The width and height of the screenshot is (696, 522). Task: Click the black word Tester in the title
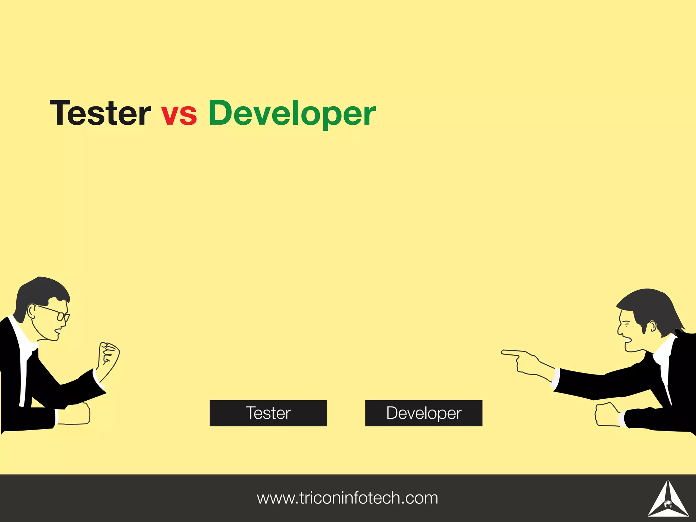point(100,113)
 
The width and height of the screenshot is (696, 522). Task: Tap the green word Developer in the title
point(292,114)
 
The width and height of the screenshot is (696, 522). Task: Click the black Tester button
point(268,413)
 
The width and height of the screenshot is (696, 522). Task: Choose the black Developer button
point(424,413)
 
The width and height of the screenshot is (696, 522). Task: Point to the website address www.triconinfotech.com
point(347,498)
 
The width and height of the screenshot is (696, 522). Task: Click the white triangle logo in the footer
point(668,499)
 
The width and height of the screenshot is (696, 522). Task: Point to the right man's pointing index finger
point(510,353)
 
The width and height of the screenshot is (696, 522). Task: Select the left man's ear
point(32,311)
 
